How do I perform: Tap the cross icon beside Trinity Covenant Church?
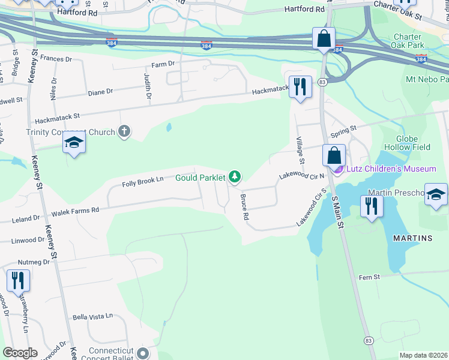click(x=124, y=131)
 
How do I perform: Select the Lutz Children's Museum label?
click(x=390, y=169)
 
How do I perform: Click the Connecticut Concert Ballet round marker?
click(x=142, y=352)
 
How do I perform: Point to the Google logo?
click(x=20, y=353)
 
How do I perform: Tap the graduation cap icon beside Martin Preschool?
click(x=436, y=194)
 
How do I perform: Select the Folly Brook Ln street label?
click(x=143, y=180)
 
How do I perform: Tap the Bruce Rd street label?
click(x=245, y=206)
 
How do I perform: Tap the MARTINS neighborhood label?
click(x=412, y=238)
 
